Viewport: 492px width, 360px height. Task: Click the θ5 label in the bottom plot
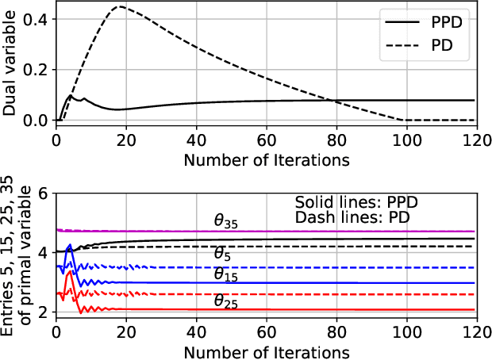[x=225, y=255]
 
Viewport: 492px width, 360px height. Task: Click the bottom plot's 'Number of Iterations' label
[x=266, y=349]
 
